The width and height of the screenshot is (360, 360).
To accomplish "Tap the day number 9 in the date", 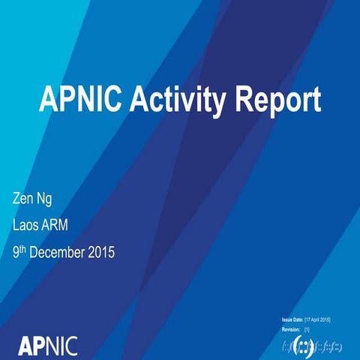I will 17,253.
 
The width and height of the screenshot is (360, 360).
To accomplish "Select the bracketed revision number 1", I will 307,329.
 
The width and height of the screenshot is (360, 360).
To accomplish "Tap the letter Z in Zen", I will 18,199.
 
